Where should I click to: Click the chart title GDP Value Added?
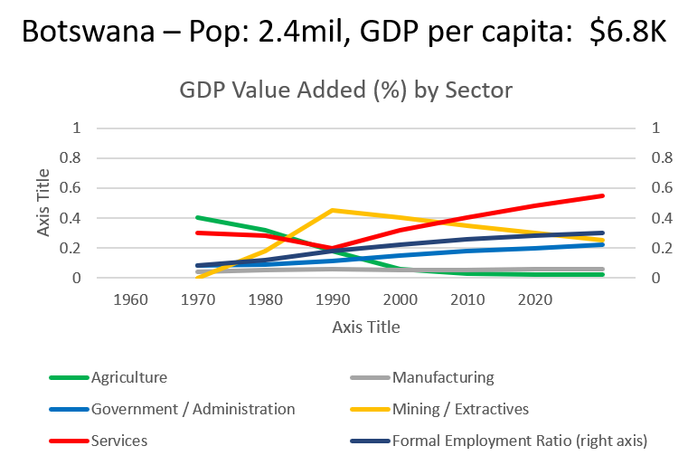[345, 90]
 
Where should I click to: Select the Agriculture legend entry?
[129, 377]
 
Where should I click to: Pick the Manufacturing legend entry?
[443, 377]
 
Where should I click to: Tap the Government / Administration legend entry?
[193, 409]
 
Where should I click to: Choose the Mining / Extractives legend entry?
[459, 409]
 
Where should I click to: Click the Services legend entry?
[119, 441]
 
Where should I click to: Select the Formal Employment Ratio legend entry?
[519, 441]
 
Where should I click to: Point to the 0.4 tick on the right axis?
[660, 218]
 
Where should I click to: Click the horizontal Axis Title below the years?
[365, 327]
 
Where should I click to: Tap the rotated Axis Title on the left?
[44, 203]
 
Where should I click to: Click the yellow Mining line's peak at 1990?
[335, 210]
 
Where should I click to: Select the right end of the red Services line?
[603, 195]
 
